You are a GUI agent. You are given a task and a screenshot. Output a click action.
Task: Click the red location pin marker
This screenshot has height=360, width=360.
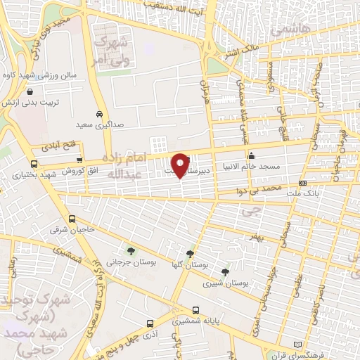click(x=181, y=165)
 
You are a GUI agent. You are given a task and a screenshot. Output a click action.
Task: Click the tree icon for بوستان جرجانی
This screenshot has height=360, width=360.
click(x=129, y=251)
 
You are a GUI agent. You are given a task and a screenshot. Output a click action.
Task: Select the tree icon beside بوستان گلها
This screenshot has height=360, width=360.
click(x=190, y=254)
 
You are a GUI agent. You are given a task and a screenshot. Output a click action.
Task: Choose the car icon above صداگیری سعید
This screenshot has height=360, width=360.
click(x=100, y=114)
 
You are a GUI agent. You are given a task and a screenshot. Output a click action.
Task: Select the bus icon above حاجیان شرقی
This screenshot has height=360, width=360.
click(x=70, y=219)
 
